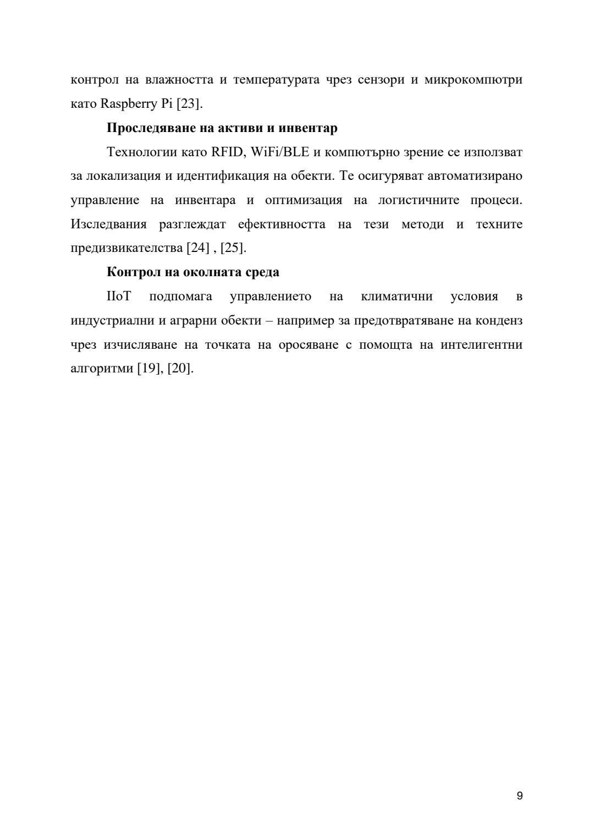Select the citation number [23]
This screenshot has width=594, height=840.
tap(189, 104)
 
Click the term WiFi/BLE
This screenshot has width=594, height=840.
tap(280, 152)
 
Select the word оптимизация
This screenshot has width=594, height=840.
tap(304, 200)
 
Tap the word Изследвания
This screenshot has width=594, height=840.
tap(109, 224)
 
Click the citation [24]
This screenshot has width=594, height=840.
tap(198, 248)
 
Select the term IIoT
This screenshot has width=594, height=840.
tap(119, 297)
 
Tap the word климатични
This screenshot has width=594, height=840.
tap(397, 297)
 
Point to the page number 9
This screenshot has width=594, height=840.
tap(520, 796)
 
